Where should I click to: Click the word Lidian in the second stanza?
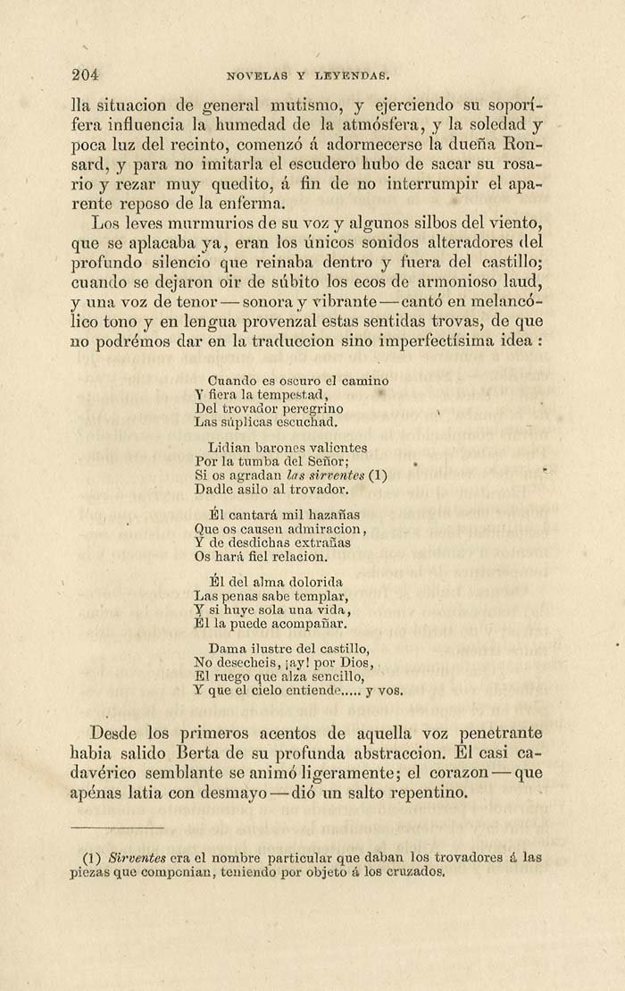(x=226, y=448)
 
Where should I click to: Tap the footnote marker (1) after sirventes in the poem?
(x=377, y=475)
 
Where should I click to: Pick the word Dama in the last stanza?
(x=225, y=649)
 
